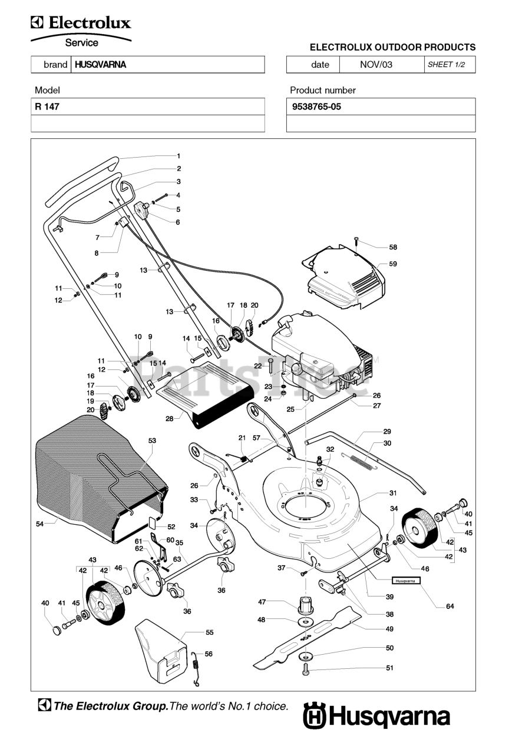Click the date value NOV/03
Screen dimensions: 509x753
point(376,65)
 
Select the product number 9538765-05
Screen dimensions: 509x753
point(316,106)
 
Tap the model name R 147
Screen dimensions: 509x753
point(47,106)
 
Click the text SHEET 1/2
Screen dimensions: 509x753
point(446,65)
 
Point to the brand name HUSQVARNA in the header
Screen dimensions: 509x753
point(100,65)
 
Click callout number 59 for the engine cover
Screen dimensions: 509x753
point(393,264)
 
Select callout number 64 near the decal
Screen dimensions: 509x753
point(450,606)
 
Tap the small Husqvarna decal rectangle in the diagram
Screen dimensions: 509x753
point(406,580)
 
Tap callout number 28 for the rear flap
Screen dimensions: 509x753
point(169,418)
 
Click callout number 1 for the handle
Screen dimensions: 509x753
point(179,156)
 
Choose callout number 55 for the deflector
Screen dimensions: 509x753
point(209,632)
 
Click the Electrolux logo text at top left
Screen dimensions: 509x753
point(81,23)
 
